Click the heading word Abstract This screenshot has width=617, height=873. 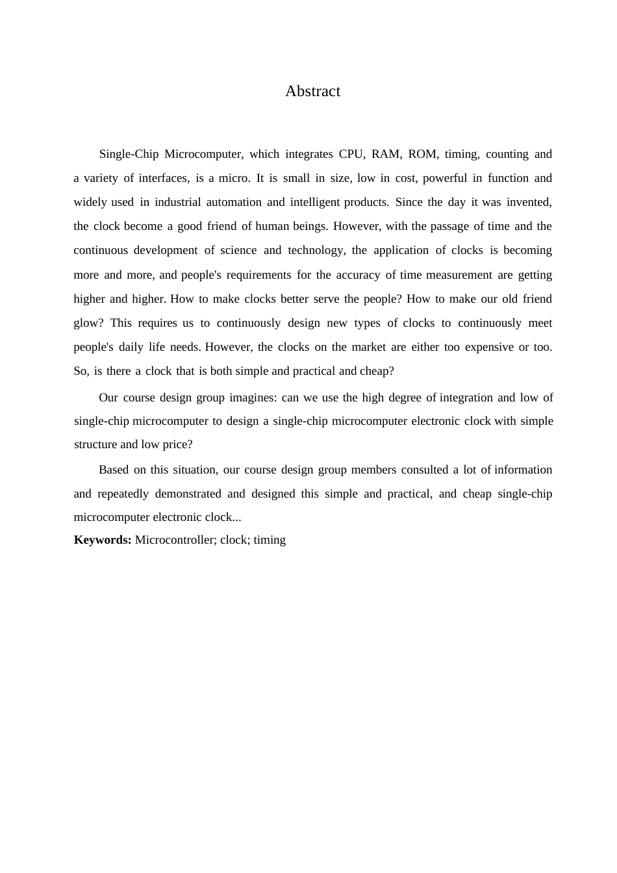pyautogui.click(x=312, y=91)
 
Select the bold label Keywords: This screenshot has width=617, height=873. pyautogui.click(x=103, y=540)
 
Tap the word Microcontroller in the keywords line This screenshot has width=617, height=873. pyautogui.click(x=173, y=540)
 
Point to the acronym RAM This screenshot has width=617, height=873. pyautogui.click(x=386, y=154)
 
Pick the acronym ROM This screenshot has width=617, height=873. pyautogui.click(x=422, y=154)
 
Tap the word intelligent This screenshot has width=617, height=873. pyautogui.click(x=315, y=202)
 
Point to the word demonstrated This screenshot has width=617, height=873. pyautogui.click(x=188, y=494)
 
